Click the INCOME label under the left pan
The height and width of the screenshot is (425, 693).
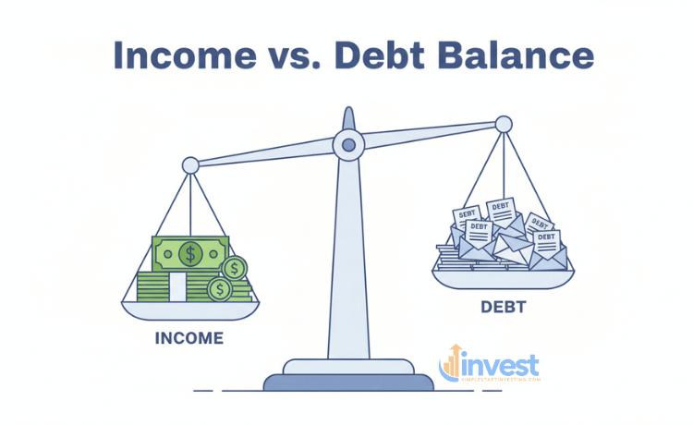[x=188, y=338]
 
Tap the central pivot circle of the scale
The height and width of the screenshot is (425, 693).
[x=347, y=143]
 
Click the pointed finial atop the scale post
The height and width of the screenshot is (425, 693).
[x=347, y=117]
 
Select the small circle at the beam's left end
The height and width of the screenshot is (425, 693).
[x=190, y=165]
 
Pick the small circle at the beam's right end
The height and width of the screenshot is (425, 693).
[x=504, y=124]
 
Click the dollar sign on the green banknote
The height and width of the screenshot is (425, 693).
[x=189, y=252]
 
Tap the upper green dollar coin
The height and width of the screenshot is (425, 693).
[x=236, y=268]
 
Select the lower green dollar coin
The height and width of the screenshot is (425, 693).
[x=220, y=289]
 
